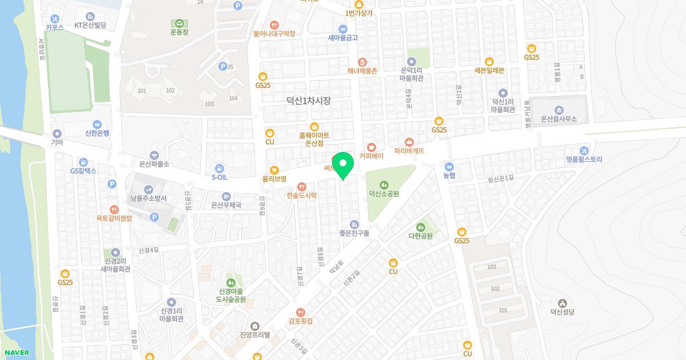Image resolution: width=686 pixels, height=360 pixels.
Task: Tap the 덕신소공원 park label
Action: pyautogui.click(x=384, y=194)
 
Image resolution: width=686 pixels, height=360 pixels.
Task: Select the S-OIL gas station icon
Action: pyautogui.click(x=220, y=168)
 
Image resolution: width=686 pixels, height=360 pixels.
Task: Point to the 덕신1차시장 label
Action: pyautogui.click(x=309, y=101)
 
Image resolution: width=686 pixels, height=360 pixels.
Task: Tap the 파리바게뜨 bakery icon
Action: pyautogui.click(x=409, y=142)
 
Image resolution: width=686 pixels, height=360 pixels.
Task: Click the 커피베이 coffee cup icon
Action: pyautogui.click(x=372, y=147)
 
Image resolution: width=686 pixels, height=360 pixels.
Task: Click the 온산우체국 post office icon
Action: pyautogui.click(x=226, y=196)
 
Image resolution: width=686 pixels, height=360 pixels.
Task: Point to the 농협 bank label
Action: pyautogui.click(x=449, y=176)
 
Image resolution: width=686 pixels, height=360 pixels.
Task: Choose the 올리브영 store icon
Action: pyautogui.click(x=274, y=170)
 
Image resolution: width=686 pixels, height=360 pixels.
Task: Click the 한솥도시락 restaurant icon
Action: pyautogui.click(x=302, y=186)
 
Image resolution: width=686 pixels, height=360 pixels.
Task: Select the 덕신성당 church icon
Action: pyautogui.click(x=562, y=303)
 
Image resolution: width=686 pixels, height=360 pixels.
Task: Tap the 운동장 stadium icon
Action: pyautogui.click(x=179, y=23)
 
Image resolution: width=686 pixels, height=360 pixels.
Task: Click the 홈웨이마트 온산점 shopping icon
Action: pyautogui.click(x=314, y=127)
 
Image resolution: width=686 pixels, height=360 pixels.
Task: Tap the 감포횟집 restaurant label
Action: pyautogui.click(x=301, y=321)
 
